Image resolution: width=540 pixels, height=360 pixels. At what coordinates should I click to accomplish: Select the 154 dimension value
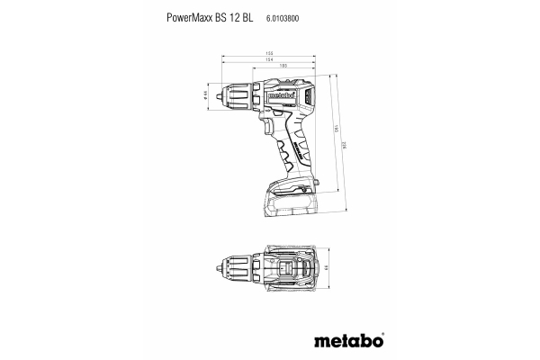[x=270, y=60]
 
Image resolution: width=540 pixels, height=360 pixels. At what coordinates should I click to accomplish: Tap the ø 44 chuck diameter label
[x=207, y=93]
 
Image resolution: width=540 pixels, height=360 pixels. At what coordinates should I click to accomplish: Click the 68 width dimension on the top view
[x=328, y=267]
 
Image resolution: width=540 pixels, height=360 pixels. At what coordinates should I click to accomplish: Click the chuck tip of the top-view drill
[x=221, y=267]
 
